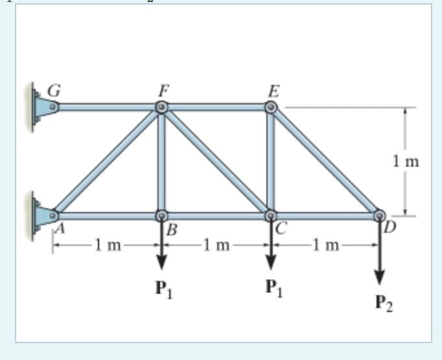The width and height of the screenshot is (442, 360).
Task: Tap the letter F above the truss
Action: (x=162, y=90)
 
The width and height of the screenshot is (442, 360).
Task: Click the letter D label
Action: (x=390, y=228)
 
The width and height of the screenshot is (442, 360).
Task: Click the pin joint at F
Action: (x=162, y=107)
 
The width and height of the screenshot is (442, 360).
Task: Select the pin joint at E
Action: (x=272, y=107)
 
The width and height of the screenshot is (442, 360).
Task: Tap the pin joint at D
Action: (x=380, y=215)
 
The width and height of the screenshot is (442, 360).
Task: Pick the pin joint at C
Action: (x=272, y=215)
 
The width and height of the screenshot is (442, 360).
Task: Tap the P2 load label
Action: (x=384, y=303)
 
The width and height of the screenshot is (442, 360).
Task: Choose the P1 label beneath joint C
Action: (x=273, y=287)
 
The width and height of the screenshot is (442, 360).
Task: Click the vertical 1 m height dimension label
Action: (x=406, y=162)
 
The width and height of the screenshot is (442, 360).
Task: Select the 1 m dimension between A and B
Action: (x=108, y=245)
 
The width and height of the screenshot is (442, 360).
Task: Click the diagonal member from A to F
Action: (x=109, y=161)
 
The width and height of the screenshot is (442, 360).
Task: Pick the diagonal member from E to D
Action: (x=325, y=161)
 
